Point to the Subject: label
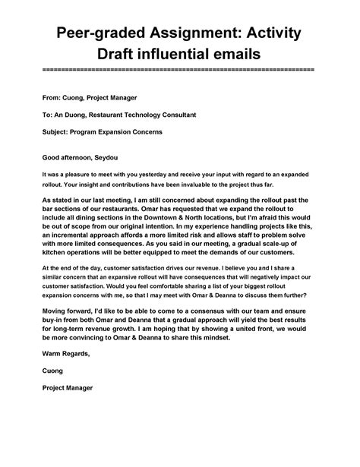click(x=57, y=131)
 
